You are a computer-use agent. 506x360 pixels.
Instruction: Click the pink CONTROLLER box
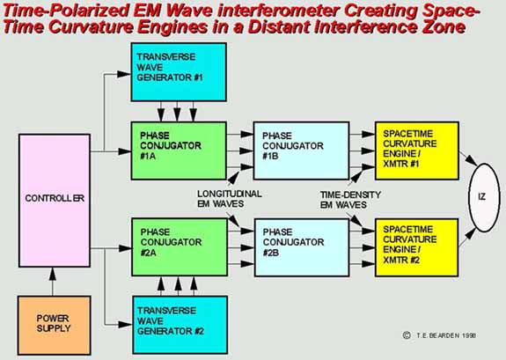coord(55,201)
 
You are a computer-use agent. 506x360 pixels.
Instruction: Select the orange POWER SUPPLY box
coord(54,325)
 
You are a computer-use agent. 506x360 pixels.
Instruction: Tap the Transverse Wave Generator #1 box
coord(179,72)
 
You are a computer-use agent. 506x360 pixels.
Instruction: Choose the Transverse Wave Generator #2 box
coord(180,325)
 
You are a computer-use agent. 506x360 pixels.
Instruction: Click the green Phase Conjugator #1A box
coord(179,151)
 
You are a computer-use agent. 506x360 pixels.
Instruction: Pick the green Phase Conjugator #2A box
coord(180,247)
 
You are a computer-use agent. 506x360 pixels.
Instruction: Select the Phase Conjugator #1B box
coord(301,151)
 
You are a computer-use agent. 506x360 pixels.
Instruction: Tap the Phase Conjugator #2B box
coord(302,247)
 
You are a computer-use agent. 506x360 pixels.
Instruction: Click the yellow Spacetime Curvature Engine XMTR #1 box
coord(416,151)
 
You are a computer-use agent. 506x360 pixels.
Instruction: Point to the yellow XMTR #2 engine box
coord(416,247)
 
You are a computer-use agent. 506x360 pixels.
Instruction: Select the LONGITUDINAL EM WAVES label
coord(230,199)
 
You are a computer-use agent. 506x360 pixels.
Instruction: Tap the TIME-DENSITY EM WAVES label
coord(350,200)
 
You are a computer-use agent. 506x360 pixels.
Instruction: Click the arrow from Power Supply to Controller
coord(53,282)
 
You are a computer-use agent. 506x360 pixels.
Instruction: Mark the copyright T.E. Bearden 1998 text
coord(439,335)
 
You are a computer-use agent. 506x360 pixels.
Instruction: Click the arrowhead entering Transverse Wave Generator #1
coord(124,74)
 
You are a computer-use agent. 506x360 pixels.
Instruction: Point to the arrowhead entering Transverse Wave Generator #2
coord(125,325)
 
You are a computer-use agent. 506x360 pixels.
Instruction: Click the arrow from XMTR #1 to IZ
coord(468,158)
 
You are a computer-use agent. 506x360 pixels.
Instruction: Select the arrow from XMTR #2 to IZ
coord(467,238)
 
